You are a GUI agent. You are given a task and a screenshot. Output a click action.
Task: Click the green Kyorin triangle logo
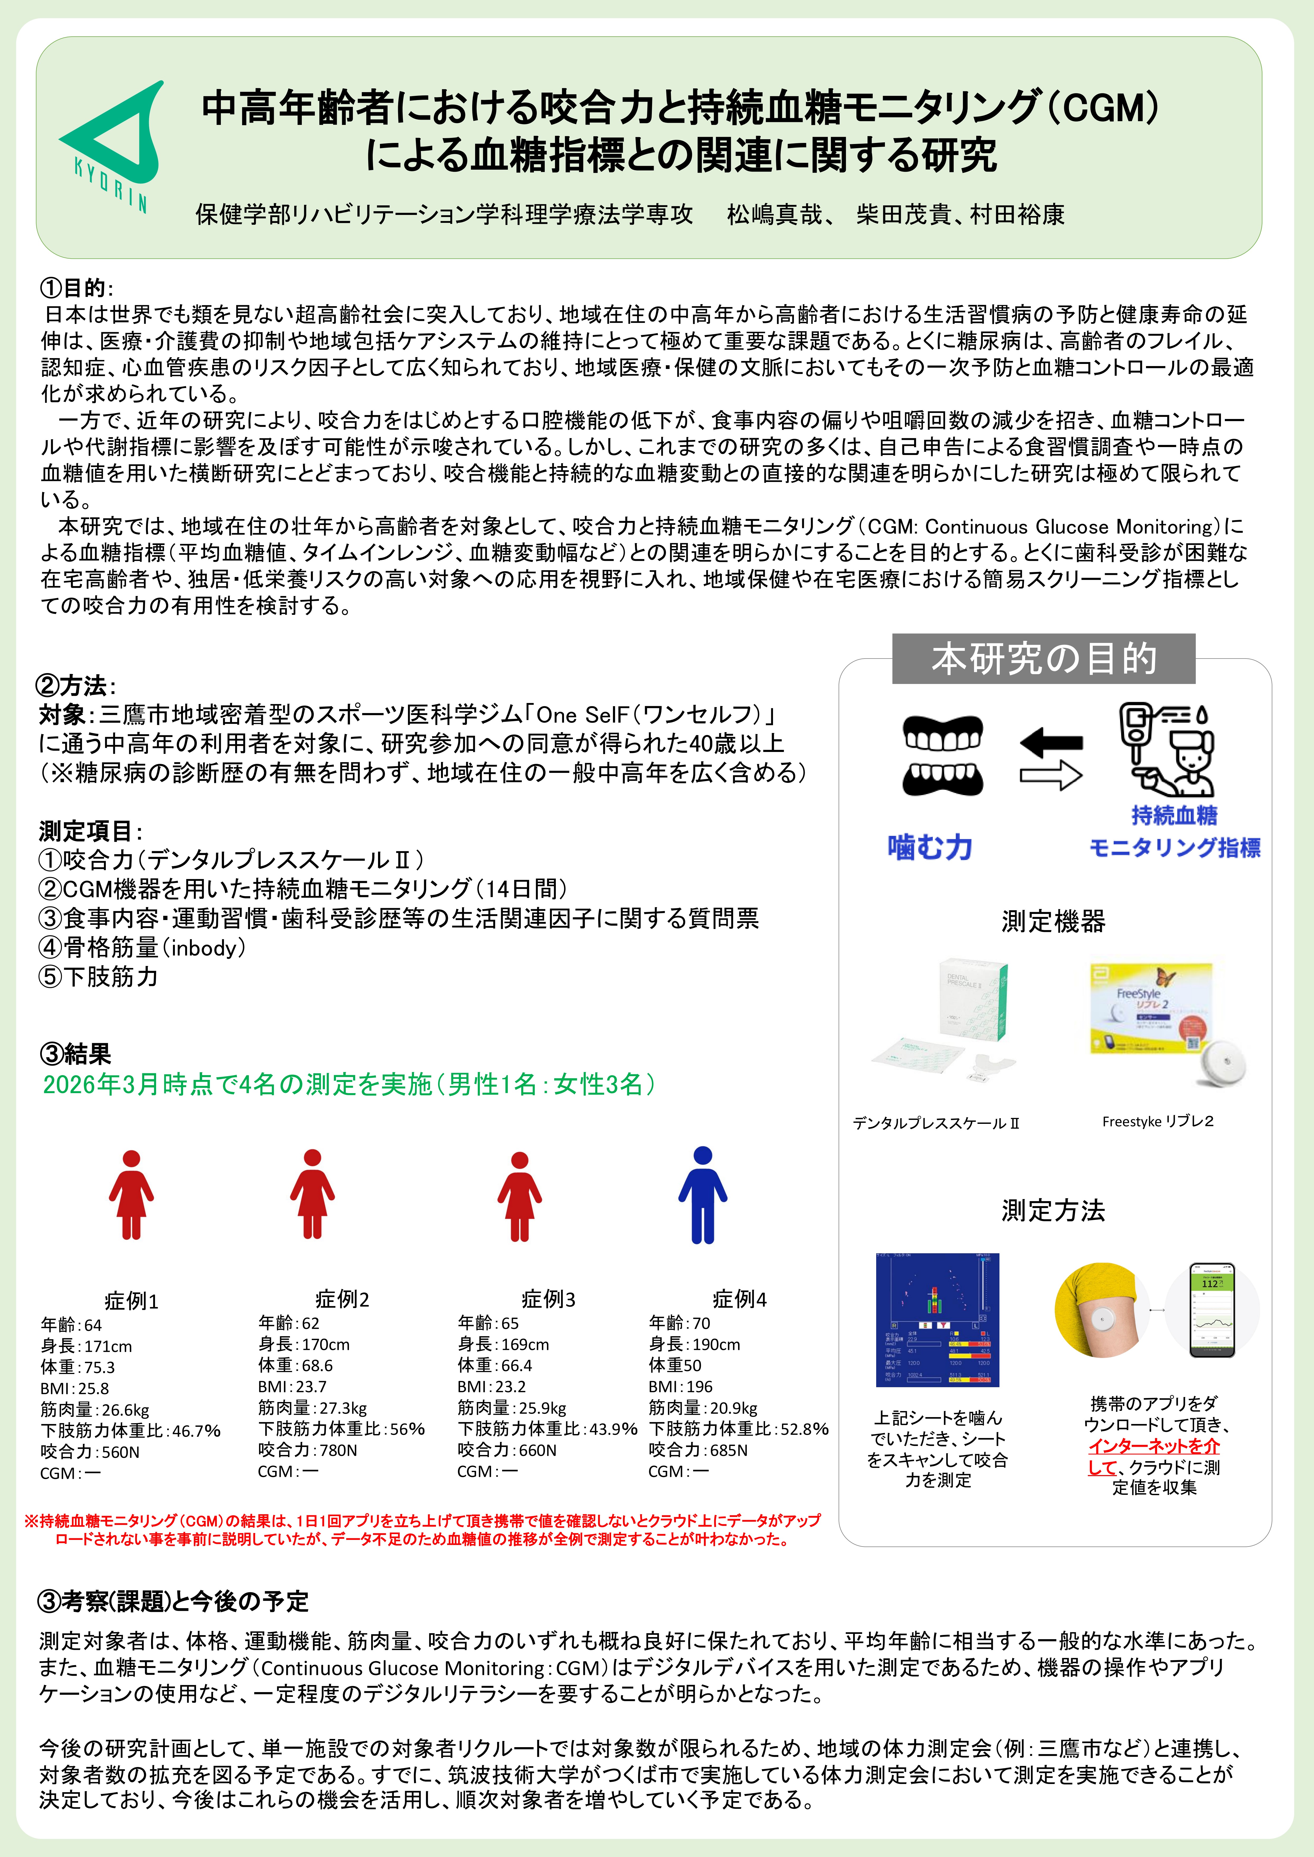pos(113,142)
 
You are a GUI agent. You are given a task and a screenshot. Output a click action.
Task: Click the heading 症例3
pos(548,1299)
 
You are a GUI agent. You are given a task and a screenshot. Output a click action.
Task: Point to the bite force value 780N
pos(307,1450)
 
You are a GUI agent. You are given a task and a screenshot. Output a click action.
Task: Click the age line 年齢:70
pos(679,1323)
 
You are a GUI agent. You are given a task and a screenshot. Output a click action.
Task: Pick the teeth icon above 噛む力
pos(943,755)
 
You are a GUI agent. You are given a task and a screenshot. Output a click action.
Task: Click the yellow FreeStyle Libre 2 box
pos(1151,1008)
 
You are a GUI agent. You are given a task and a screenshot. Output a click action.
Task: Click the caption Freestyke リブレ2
pos(1157,1121)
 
